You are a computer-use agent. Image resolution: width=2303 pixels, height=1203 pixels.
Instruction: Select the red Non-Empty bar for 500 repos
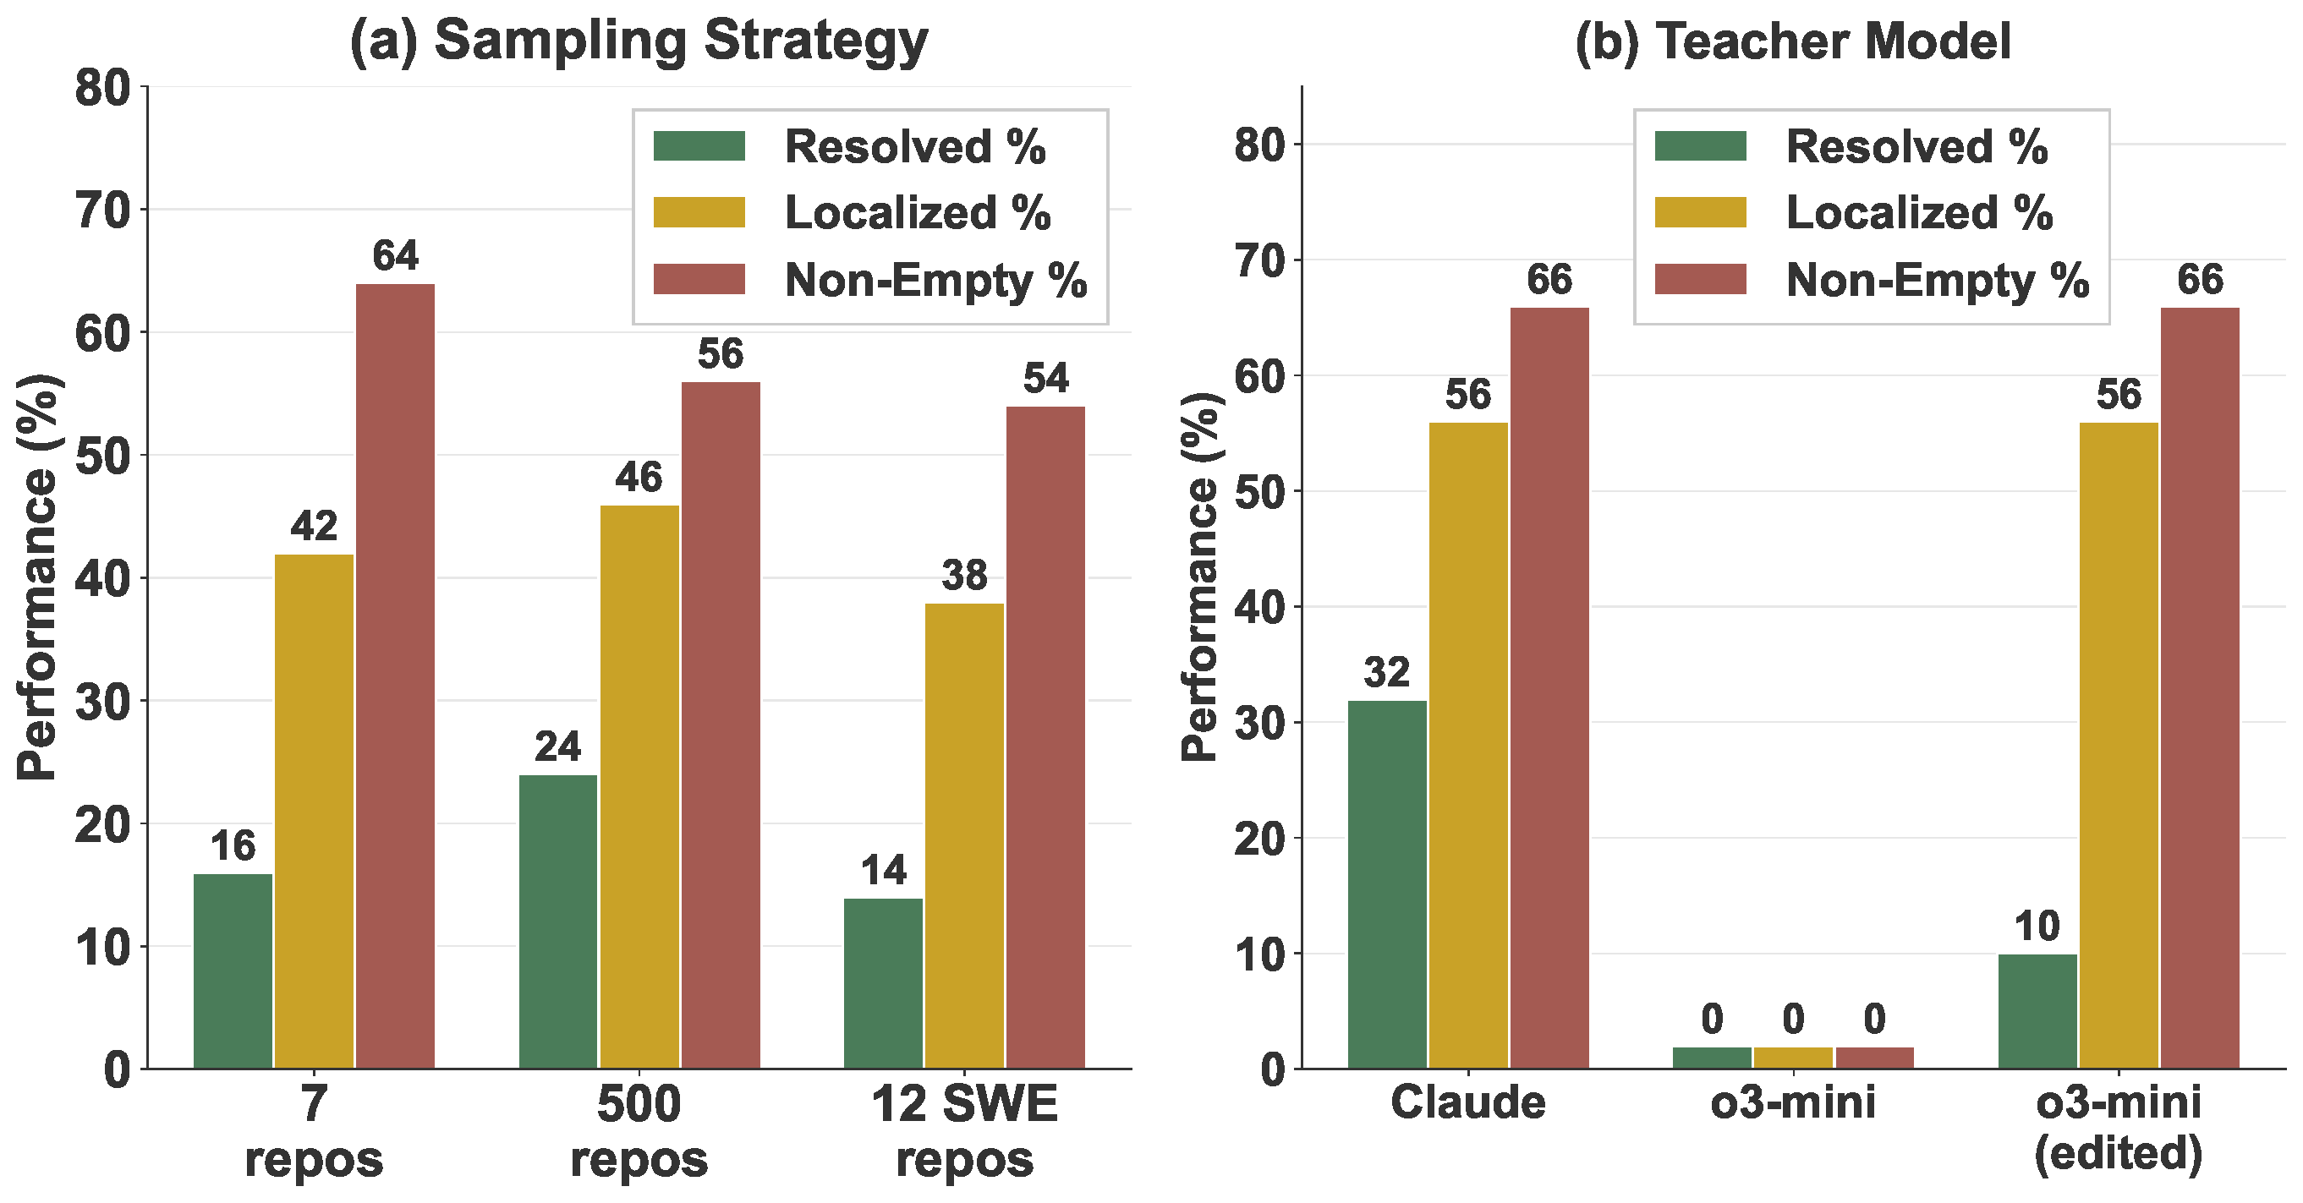click(x=721, y=725)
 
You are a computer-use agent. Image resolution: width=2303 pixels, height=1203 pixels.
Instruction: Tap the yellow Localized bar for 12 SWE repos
click(x=964, y=835)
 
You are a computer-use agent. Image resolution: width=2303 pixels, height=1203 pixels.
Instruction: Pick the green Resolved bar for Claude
click(x=1387, y=884)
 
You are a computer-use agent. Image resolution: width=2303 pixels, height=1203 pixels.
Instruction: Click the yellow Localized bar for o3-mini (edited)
click(x=2118, y=746)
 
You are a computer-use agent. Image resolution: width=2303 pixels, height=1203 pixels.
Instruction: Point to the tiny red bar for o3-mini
click(x=1874, y=1058)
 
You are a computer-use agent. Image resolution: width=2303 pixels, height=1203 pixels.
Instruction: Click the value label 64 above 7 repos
click(x=395, y=256)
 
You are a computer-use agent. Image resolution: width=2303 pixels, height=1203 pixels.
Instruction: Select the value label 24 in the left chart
click(x=558, y=747)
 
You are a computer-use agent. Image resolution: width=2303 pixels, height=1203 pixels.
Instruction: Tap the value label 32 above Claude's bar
click(x=1387, y=672)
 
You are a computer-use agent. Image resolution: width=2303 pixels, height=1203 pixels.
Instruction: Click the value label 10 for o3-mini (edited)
click(x=2037, y=926)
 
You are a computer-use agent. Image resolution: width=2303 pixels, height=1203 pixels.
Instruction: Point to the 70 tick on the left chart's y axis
click(x=102, y=211)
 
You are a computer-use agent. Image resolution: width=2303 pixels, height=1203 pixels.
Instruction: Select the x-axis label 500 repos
click(x=639, y=1130)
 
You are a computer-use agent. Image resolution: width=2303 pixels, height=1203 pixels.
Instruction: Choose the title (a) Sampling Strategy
click(x=639, y=41)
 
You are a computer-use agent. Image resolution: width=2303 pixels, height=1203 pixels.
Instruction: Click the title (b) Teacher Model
click(x=1792, y=41)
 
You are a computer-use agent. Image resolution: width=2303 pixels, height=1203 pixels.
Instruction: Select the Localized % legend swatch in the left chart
click(x=699, y=213)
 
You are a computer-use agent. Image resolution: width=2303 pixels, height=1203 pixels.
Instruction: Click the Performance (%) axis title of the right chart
click(x=1200, y=577)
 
